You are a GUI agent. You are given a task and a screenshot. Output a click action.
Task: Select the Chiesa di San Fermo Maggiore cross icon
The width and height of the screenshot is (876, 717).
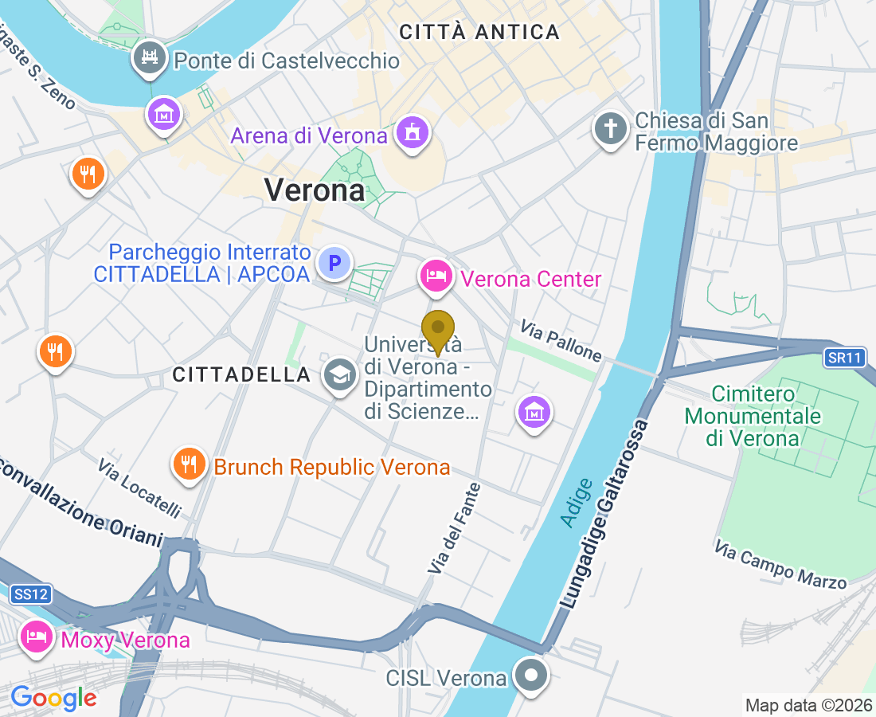611,129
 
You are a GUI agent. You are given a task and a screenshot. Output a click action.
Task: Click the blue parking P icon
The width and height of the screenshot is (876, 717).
335,262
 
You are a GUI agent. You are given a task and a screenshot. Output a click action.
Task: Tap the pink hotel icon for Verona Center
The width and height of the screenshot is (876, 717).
436,276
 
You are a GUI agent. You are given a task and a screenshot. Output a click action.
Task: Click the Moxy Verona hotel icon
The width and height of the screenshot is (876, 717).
37,637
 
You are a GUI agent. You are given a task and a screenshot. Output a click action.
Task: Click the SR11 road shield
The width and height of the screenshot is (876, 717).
845,358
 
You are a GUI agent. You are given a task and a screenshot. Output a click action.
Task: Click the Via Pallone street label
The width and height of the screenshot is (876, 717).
561,340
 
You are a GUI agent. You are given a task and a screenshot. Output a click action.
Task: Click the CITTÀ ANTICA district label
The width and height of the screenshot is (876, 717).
479,33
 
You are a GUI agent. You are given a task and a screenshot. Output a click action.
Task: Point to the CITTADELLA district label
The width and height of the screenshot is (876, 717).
241,374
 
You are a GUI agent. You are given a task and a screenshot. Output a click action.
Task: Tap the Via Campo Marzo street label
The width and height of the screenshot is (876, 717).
780,565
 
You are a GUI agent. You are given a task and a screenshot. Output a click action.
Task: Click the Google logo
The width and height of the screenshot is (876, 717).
53,698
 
